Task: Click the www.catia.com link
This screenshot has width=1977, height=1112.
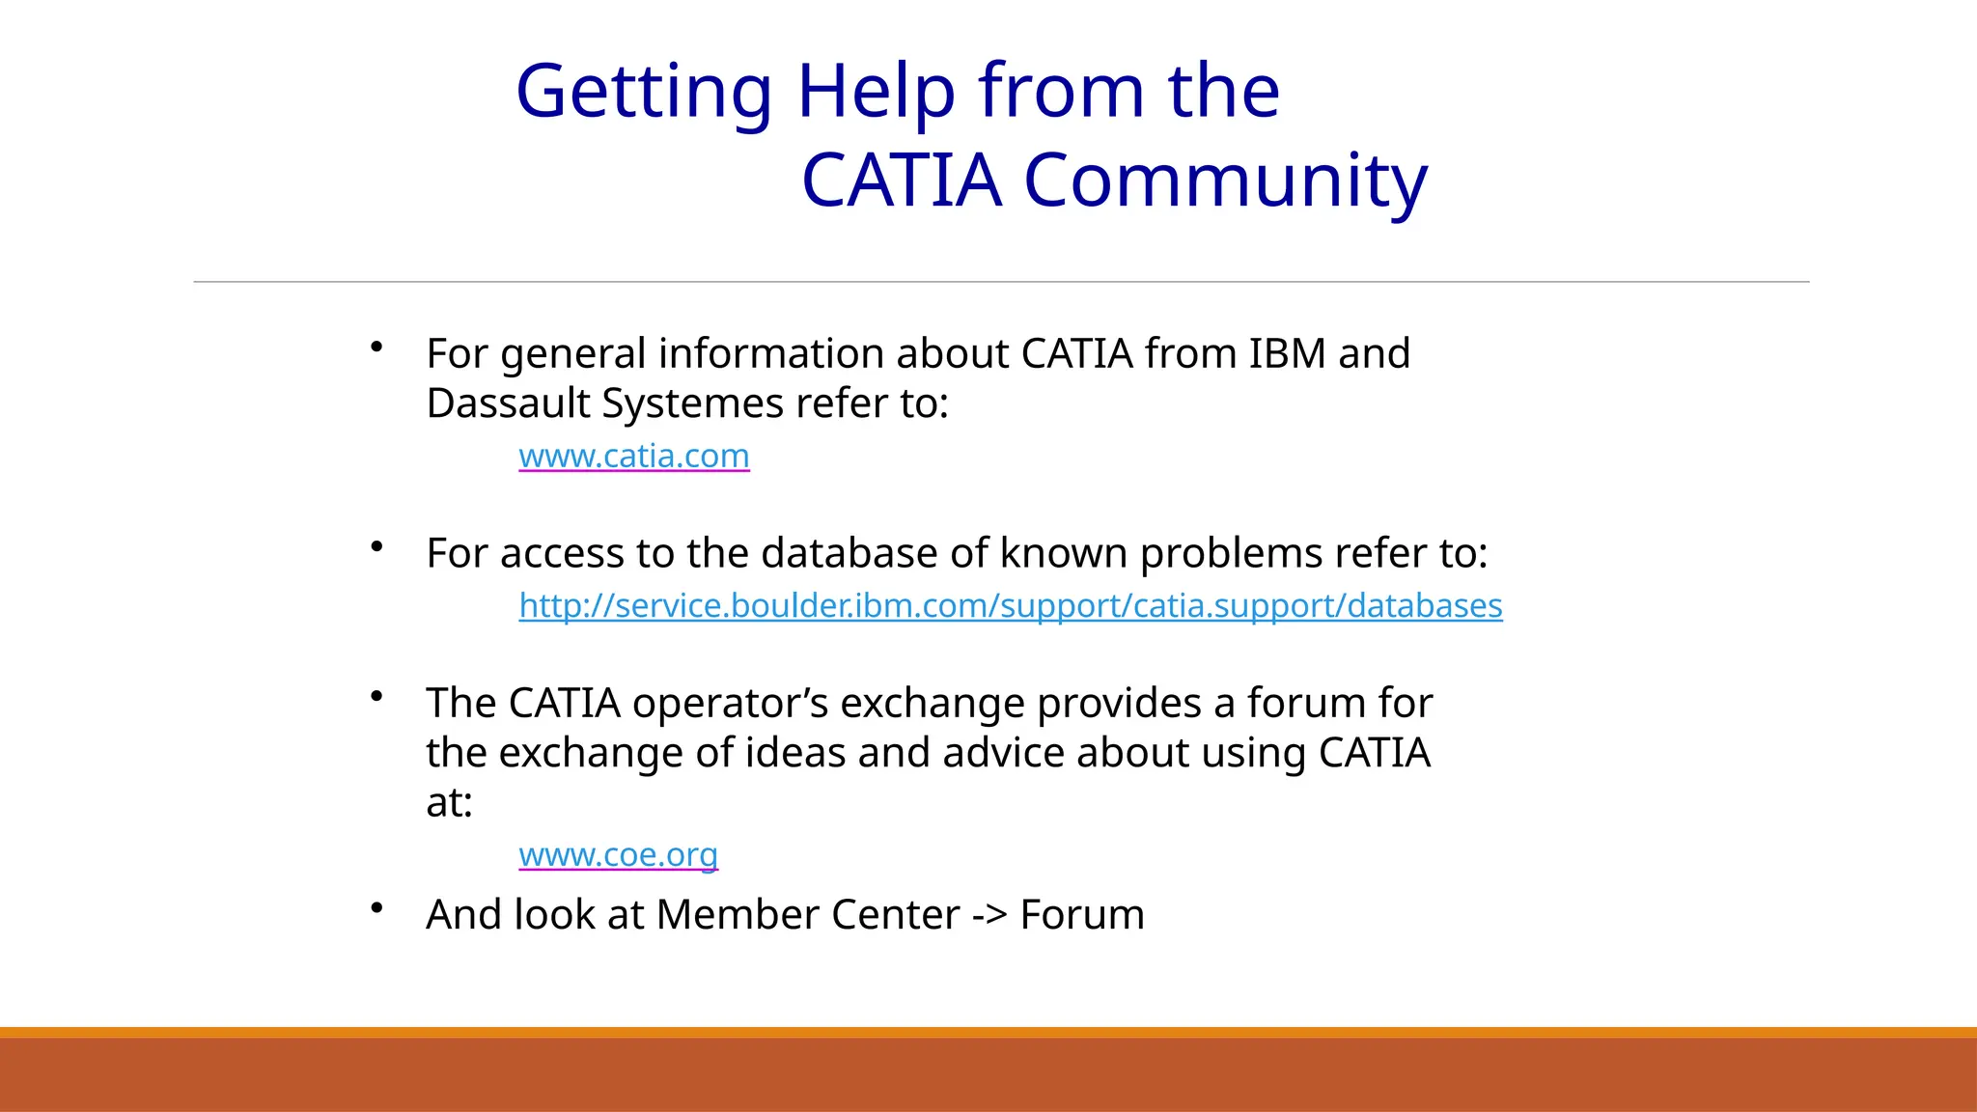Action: pyautogui.click(x=633, y=456)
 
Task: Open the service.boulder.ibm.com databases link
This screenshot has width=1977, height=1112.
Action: pyautogui.click(x=1010, y=605)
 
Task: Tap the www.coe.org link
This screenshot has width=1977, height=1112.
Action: pyautogui.click(x=618, y=854)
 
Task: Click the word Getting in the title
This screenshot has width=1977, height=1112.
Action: pyautogui.click(x=643, y=93)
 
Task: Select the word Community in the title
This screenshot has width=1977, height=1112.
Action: pyautogui.click(x=1224, y=181)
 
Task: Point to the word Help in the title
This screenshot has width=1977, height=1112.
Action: pyautogui.click(x=875, y=91)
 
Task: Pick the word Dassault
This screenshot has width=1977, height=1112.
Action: pyautogui.click(x=508, y=403)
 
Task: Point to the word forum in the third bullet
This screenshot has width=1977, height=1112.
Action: pyautogui.click(x=1306, y=703)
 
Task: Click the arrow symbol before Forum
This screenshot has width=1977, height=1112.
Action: pyautogui.click(x=988, y=915)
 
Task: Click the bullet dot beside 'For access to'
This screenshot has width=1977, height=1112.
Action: pyautogui.click(x=377, y=547)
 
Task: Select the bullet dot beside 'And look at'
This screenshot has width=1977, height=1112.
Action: pyautogui.click(x=377, y=907)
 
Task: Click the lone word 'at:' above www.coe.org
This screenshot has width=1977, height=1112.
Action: pyautogui.click(x=449, y=803)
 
